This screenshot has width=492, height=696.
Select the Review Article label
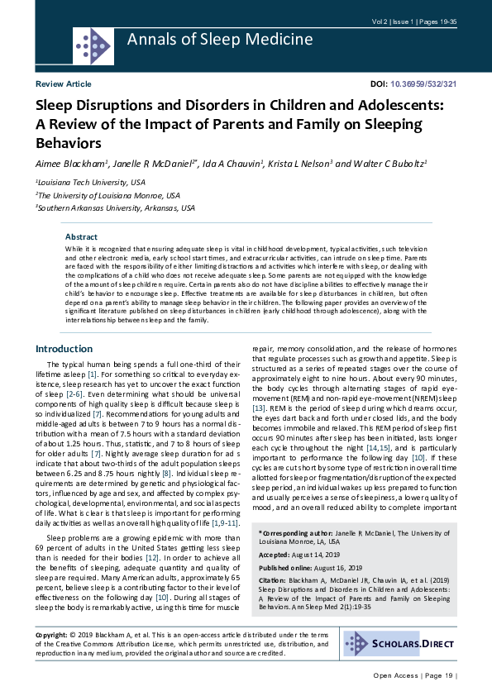point(64,84)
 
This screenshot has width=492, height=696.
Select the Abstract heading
point(81,236)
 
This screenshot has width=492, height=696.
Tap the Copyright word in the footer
point(51,634)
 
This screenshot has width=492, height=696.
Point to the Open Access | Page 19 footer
point(413,676)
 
